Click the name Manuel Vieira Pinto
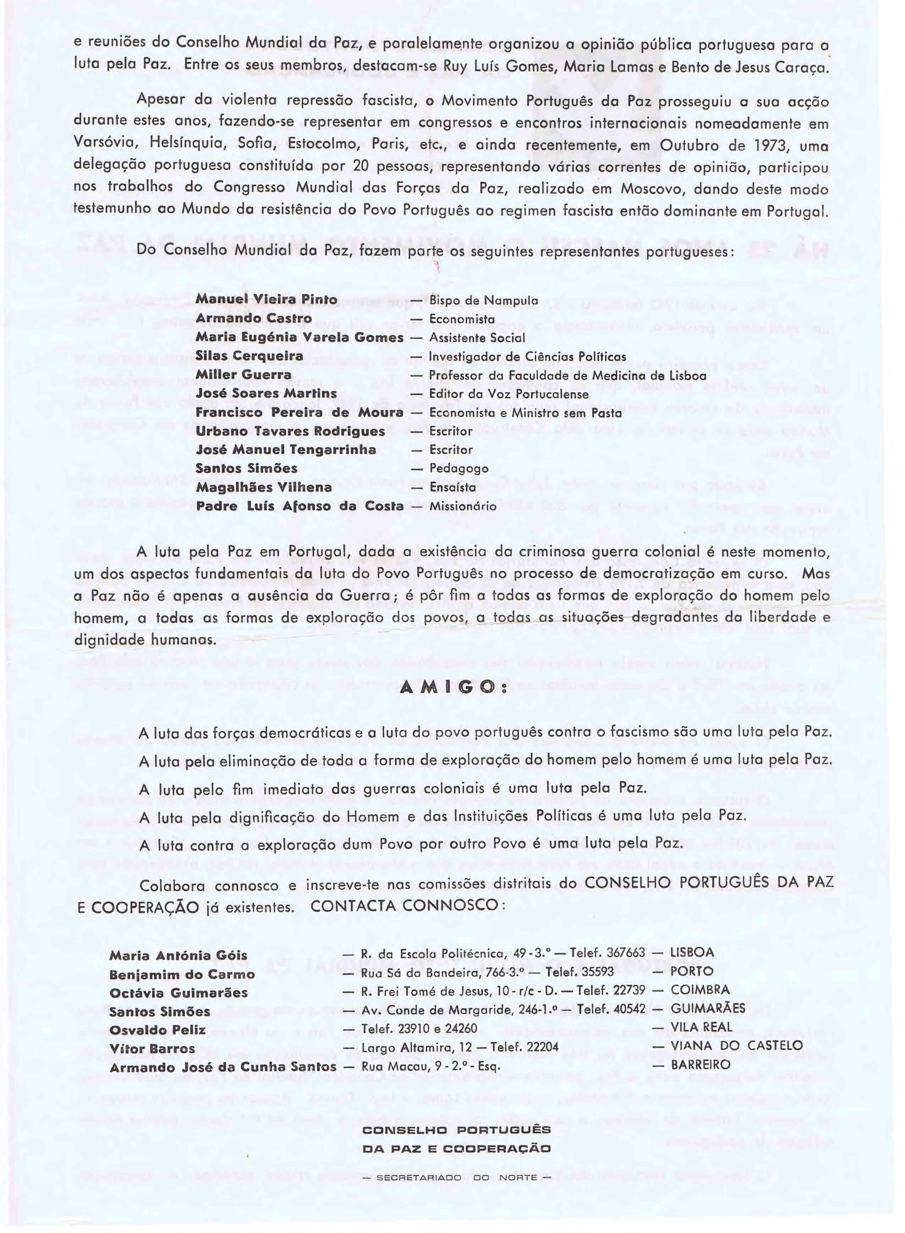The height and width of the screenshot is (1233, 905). click(266, 300)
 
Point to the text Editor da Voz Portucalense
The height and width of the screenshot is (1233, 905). click(508, 394)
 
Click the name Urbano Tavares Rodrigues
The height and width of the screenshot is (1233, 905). click(290, 431)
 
